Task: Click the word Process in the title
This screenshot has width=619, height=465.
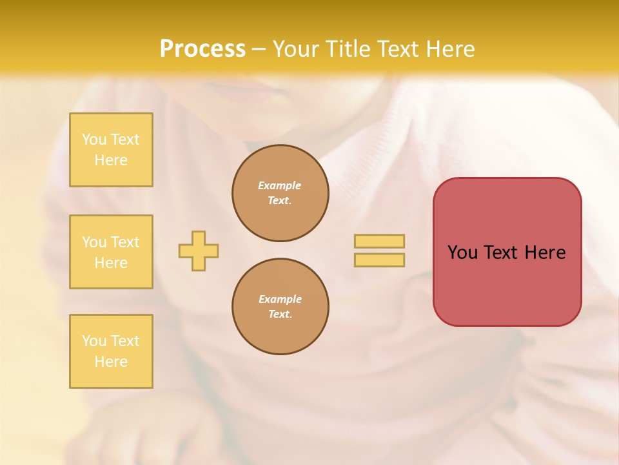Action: tap(202, 49)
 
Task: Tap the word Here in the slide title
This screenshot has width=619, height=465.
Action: tap(449, 49)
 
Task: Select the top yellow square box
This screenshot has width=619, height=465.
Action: tap(111, 150)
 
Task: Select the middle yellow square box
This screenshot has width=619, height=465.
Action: tap(111, 252)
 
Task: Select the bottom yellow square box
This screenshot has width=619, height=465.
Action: tap(111, 351)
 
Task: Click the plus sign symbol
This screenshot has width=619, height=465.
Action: tap(199, 251)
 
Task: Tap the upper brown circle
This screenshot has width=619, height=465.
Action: tap(280, 193)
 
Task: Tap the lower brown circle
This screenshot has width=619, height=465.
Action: tap(280, 307)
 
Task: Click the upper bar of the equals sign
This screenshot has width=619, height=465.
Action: tap(379, 241)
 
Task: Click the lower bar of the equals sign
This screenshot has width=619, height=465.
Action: tap(379, 260)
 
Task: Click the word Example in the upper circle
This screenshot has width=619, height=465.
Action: tap(280, 185)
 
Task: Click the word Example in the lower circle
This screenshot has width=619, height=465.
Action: tap(280, 299)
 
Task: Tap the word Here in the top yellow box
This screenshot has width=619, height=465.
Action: tap(111, 160)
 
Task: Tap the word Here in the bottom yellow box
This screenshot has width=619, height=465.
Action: tap(111, 362)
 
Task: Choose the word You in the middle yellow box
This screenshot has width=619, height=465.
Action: tap(93, 242)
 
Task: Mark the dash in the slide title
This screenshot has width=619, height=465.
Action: tap(259, 50)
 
